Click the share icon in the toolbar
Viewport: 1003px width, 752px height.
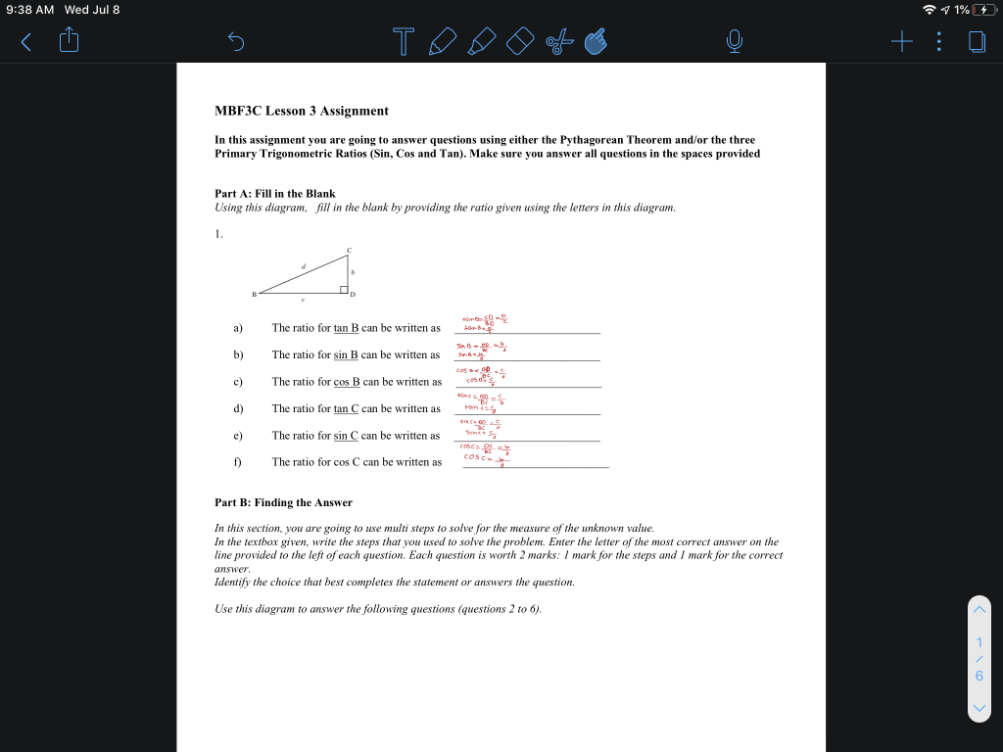(x=69, y=40)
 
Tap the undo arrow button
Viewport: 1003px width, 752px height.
(x=235, y=40)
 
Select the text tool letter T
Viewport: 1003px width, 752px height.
(x=403, y=40)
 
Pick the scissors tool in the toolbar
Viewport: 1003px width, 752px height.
(x=558, y=40)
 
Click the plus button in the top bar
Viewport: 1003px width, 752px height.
(x=902, y=40)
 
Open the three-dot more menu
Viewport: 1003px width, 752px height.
(x=938, y=40)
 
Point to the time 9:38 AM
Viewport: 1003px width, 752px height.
(x=30, y=10)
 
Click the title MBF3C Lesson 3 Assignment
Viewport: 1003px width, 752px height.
(x=301, y=111)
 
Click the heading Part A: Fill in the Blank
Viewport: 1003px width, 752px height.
(x=274, y=194)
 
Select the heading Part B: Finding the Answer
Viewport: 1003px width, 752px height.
(x=283, y=502)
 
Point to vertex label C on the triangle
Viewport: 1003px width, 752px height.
(x=349, y=250)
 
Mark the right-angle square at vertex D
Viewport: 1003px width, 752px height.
(x=345, y=289)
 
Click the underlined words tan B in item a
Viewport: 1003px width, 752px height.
(x=347, y=328)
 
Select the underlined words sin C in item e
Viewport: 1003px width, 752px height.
(x=347, y=436)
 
